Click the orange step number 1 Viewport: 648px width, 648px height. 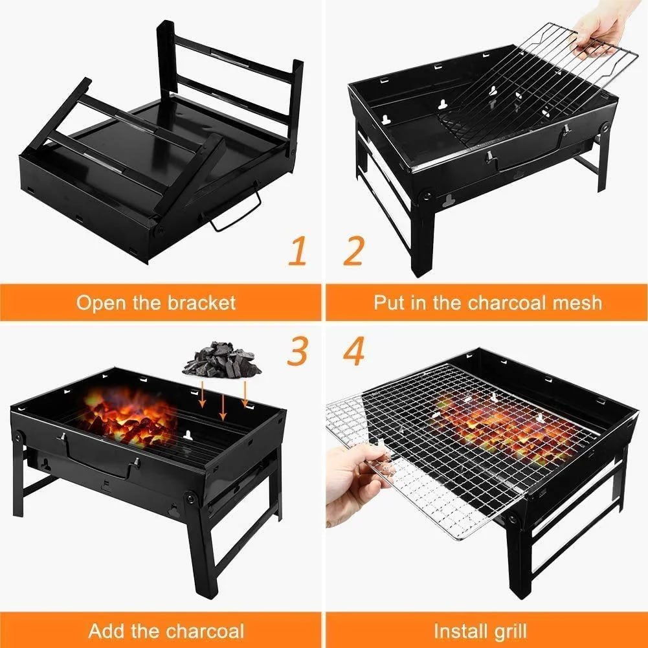click(297, 252)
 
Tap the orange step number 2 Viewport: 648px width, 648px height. click(353, 252)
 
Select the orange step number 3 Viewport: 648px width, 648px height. click(297, 352)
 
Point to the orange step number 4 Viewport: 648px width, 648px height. click(354, 352)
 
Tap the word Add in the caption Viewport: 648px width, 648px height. click(108, 630)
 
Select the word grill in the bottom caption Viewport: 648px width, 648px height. click(509, 630)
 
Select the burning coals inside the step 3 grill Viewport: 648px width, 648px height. click(129, 419)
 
